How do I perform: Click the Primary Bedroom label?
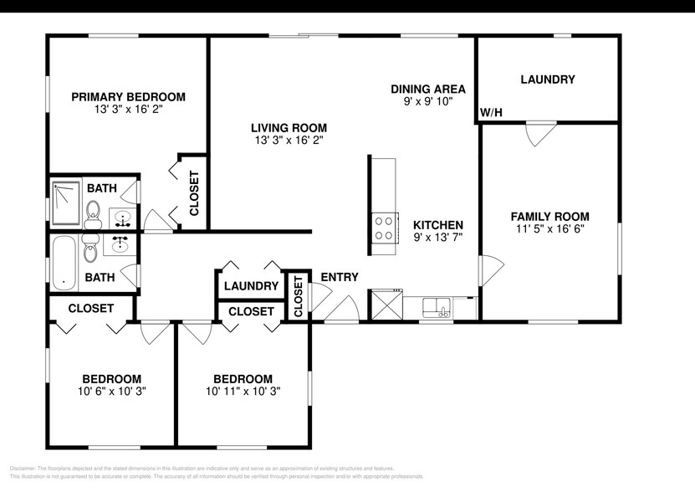127,97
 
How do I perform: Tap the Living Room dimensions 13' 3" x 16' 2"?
289,141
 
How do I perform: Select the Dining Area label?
428,89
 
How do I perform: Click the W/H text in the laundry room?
490,113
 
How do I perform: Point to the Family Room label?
549,216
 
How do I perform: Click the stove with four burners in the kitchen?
385,228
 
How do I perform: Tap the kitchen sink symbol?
437,309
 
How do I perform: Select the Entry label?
340,277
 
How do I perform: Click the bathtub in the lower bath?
64,263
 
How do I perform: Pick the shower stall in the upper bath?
65,203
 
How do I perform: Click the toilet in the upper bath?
94,213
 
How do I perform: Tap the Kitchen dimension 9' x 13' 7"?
439,238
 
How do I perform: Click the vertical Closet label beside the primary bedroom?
194,193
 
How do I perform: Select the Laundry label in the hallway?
251,286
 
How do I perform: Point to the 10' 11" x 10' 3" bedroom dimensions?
243,391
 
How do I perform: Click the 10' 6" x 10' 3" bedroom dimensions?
111,391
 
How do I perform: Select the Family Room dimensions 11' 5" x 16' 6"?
549,228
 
